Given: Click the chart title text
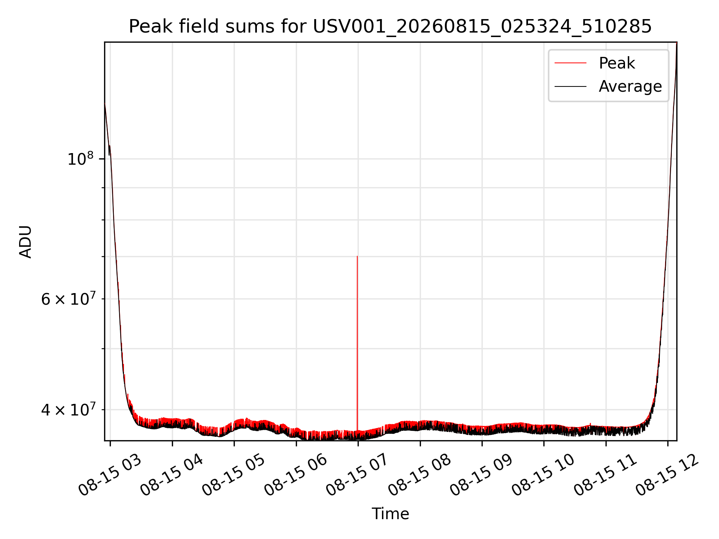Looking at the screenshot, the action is [390, 27].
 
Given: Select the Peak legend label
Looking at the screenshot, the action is [617, 63].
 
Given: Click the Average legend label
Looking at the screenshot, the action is [630, 86].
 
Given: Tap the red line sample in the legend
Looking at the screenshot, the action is [570, 63].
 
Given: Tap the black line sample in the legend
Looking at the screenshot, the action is [570, 86].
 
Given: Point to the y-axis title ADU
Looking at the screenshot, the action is [25, 242].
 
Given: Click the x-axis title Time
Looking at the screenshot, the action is [390, 514].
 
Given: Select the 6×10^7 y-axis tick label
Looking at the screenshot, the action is [68, 299].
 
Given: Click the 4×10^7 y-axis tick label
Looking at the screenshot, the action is [68, 409].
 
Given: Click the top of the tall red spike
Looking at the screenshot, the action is [357, 256].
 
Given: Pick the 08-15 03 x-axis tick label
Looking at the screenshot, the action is [110, 475].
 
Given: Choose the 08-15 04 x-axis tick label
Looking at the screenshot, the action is [172, 475].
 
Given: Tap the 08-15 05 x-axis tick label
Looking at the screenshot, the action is [234, 475].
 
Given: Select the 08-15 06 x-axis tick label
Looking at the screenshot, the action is [295, 475].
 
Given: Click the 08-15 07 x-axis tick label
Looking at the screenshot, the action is [357, 475].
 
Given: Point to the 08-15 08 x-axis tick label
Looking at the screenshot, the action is [419, 475].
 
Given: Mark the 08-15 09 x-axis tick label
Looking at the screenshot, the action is [481, 475].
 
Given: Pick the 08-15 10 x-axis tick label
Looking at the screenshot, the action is [543, 475].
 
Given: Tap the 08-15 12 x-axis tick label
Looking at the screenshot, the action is [667, 475].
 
